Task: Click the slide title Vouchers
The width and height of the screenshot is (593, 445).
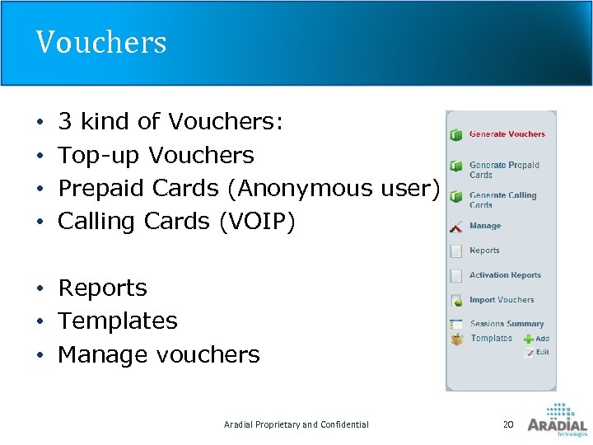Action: [100, 42]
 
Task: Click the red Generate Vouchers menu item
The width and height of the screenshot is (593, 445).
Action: [507, 134]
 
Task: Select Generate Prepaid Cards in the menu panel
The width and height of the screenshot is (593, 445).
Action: [503, 170]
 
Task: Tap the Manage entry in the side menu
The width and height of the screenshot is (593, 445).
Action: [485, 226]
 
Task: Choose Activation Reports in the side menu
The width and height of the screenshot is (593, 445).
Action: [505, 275]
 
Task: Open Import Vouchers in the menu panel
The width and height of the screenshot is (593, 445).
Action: [502, 300]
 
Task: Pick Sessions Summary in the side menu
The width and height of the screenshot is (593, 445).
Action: [507, 324]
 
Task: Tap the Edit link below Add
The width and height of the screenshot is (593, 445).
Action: [542, 352]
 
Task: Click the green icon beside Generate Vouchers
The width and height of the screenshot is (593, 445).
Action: [455, 135]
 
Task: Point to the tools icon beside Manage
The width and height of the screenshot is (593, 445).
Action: [455, 227]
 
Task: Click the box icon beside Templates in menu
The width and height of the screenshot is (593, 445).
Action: [456, 339]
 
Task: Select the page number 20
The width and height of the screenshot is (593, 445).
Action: [508, 424]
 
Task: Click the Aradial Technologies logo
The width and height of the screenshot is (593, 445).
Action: [557, 419]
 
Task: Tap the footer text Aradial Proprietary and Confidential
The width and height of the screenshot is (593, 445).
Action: [296, 424]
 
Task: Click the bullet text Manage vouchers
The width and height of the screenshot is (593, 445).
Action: [159, 355]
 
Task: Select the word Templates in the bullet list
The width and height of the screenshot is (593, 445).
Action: [118, 321]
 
